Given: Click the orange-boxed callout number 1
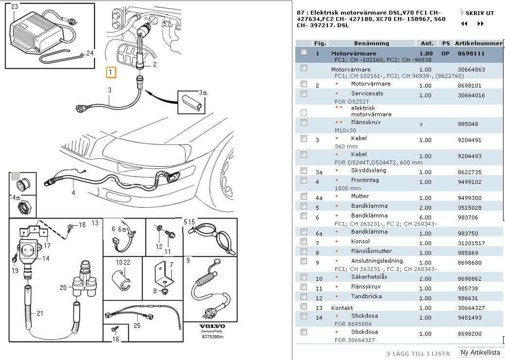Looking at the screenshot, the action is point(110,72).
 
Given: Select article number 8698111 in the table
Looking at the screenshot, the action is point(471,54).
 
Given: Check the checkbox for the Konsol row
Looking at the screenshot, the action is point(304,241).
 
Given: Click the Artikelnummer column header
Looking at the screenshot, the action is point(478,43).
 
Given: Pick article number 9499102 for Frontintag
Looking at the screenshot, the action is point(469,182).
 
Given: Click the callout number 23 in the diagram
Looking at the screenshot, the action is point(15,6).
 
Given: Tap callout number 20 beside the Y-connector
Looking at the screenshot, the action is point(63,288).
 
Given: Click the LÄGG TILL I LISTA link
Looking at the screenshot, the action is point(421,354).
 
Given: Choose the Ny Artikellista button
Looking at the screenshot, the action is point(480,352).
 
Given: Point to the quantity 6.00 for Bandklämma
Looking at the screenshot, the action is point(425,217).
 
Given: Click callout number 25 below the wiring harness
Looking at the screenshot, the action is point(137,325).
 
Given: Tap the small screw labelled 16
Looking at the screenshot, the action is point(114,329).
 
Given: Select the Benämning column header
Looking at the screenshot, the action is point(371,43).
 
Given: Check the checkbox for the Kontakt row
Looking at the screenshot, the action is point(304,306).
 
